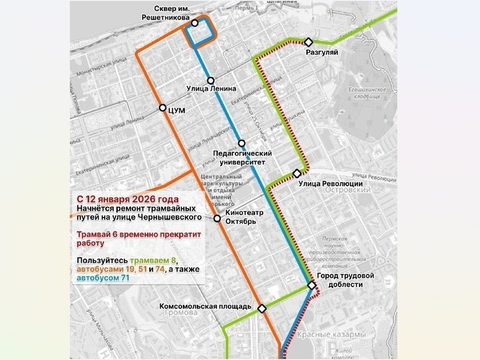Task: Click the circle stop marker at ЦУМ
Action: click(x=163, y=108)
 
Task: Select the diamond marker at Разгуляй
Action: click(x=309, y=41)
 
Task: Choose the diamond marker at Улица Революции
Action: click(x=297, y=173)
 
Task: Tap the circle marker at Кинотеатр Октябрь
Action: click(x=217, y=219)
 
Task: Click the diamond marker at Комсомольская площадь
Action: click(x=262, y=308)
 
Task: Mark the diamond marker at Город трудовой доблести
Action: click(x=311, y=285)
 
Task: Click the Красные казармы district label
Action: click(x=332, y=334)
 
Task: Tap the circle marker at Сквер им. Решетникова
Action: click(x=194, y=23)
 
